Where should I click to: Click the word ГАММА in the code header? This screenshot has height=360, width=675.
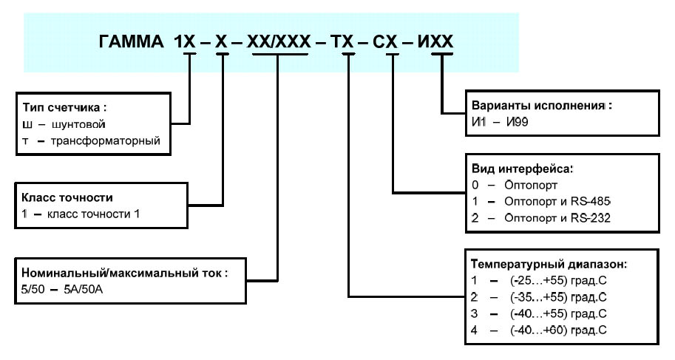point(132,42)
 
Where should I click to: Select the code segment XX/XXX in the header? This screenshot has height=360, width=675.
point(279,42)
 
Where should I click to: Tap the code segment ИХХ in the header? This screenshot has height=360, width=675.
point(435,42)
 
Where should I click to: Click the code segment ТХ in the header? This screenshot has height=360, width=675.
point(342,42)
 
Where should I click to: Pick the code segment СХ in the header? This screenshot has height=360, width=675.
point(385,42)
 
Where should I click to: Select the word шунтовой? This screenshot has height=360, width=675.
point(78,124)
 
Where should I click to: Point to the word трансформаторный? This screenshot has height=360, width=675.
point(106,140)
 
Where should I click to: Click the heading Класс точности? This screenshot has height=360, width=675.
point(67,197)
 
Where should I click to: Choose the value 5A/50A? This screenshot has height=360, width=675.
point(84,289)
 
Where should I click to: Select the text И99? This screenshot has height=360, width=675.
point(518,122)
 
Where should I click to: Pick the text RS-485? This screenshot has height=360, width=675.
point(591,201)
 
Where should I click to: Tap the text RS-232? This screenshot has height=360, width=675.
point(591,218)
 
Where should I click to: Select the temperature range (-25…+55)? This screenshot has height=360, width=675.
point(538,281)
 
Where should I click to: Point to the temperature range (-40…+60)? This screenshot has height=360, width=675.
point(538,330)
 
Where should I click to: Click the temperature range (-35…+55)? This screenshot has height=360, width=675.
point(538,297)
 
